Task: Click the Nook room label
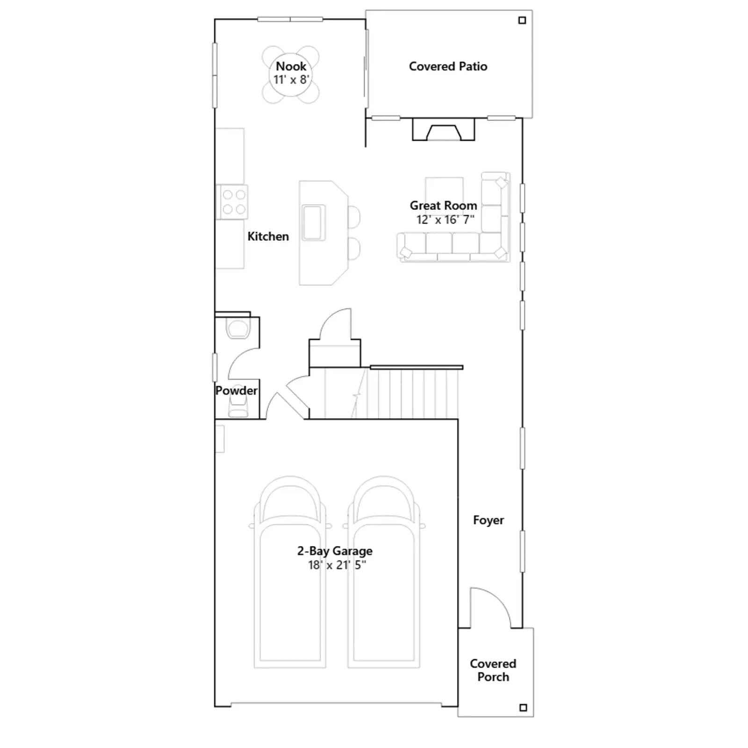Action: click(291, 66)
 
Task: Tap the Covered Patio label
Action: click(448, 66)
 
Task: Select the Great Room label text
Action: click(443, 206)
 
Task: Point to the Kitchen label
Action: click(268, 237)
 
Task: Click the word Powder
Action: click(236, 390)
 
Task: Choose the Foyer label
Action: click(489, 520)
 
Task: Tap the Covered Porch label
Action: click(493, 670)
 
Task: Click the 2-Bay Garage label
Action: click(335, 551)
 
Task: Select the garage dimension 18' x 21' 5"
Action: click(337, 565)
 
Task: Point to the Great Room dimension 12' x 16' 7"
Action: click(445, 220)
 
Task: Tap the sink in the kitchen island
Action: click(313, 223)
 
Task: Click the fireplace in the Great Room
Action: click(443, 129)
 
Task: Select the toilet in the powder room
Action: click(238, 327)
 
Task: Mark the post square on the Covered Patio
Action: click(522, 20)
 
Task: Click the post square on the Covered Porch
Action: click(523, 708)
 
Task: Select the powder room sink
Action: click(238, 407)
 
